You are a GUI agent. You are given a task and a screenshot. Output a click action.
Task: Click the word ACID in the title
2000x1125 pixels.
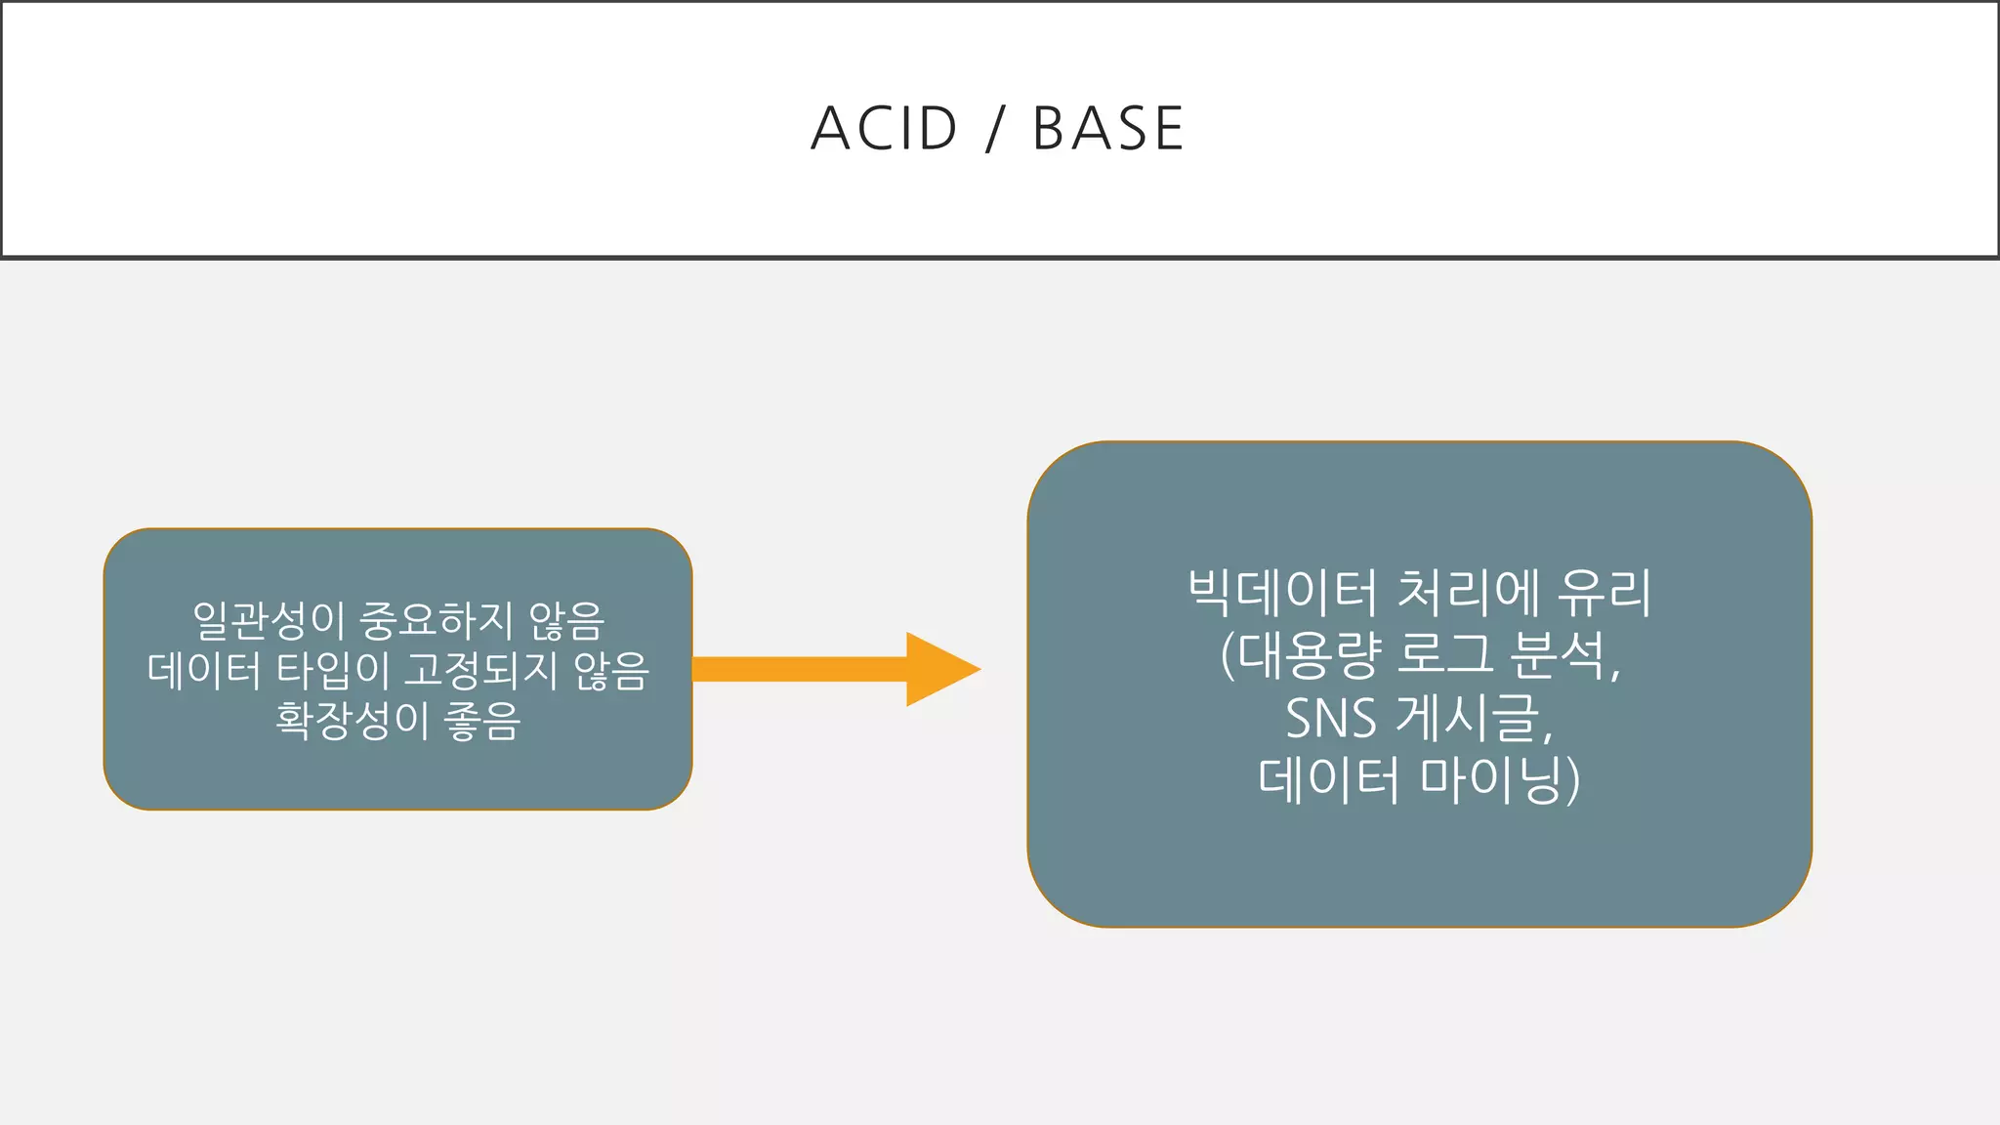(x=884, y=129)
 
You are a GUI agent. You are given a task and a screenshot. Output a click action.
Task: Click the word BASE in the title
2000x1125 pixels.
(x=1108, y=129)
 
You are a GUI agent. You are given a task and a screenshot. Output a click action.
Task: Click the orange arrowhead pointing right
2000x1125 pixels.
(x=938, y=669)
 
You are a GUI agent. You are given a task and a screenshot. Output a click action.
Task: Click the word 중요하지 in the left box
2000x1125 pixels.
(x=437, y=619)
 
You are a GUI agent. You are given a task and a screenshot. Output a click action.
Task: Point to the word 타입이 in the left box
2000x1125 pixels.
(x=332, y=670)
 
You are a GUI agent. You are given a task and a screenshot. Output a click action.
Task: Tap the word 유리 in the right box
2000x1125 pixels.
(x=1604, y=592)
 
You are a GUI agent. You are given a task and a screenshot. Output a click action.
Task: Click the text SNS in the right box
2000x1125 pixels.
(x=1330, y=718)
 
